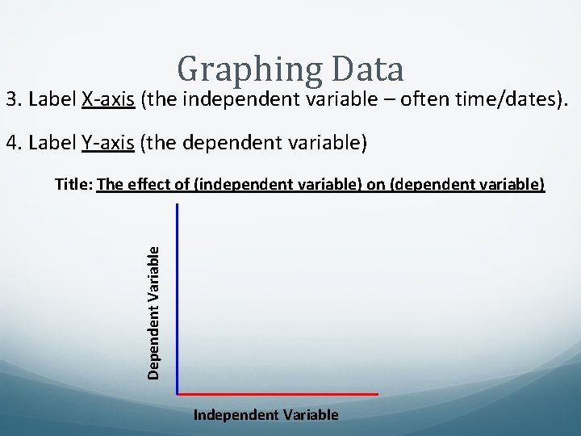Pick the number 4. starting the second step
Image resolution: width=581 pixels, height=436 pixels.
pyautogui.click(x=14, y=144)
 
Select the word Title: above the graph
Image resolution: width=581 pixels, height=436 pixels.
pyautogui.click(x=73, y=185)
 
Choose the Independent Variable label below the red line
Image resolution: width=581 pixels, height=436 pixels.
pyautogui.click(x=266, y=415)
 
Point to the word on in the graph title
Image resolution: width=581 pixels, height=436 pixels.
pyautogui.click(x=376, y=185)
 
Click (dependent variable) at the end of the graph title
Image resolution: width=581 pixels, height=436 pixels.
pyautogui.click(x=467, y=185)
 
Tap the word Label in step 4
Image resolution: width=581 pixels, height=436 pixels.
pyautogui.click(x=52, y=144)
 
